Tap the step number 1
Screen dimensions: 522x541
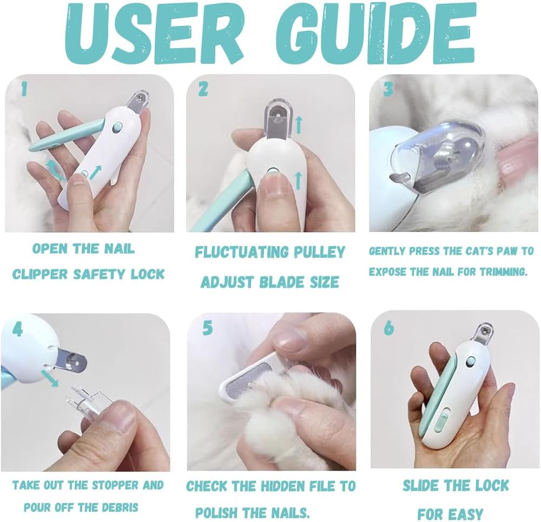pos(23,90)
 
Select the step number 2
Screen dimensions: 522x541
pos(203,89)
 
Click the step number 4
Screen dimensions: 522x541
pos(18,329)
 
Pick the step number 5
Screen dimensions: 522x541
pos(207,328)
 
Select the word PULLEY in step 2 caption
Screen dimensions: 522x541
pos(318,252)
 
